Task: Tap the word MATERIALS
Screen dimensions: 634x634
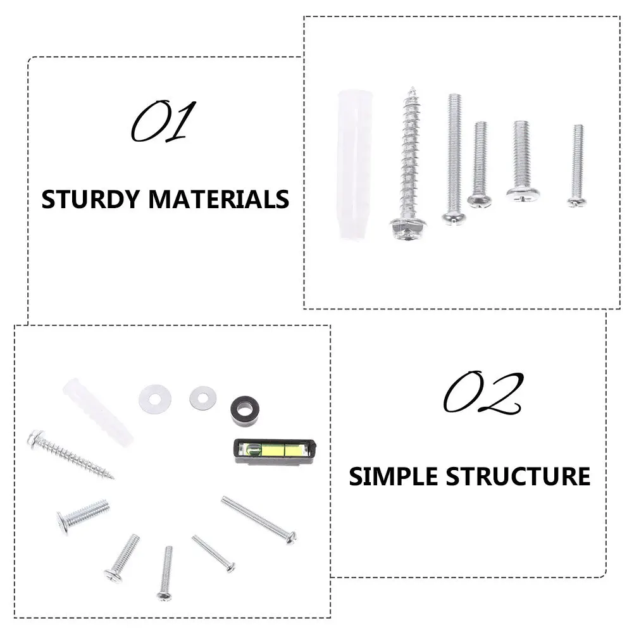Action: tap(219, 199)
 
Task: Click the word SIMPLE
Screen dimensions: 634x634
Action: tap(394, 476)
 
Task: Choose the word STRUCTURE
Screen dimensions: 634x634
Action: tap(518, 476)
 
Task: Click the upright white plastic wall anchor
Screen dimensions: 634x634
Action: tap(354, 165)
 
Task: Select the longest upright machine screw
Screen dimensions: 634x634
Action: tap(454, 158)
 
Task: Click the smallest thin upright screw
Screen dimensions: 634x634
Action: tap(577, 165)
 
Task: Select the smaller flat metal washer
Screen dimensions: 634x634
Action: tap(202, 397)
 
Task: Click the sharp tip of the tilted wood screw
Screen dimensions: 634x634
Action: tap(111, 476)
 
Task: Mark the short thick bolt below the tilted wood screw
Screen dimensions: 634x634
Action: tap(83, 514)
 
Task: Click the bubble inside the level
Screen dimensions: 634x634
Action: tap(254, 451)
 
